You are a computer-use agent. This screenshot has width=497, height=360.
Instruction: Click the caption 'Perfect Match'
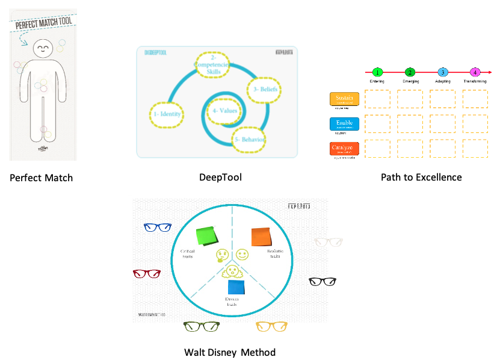(42, 178)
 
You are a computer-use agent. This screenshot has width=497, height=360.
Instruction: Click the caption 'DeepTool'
(220, 178)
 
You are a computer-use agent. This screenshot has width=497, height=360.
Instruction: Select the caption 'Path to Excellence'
(421, 178)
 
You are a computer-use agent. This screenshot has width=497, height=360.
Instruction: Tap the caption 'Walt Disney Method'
(230, 352)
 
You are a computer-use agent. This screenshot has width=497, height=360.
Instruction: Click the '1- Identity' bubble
(165, 113)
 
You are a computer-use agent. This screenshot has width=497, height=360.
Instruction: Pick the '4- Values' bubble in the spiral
(224, 110)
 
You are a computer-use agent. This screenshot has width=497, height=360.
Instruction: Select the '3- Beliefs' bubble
(265, 90)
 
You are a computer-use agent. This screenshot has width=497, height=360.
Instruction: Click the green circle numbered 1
(378, 72)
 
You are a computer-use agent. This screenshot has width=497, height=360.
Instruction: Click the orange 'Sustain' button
(344, 99)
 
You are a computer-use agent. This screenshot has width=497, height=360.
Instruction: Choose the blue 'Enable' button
(344, 124)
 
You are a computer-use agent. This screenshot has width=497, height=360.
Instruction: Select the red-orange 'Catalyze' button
(344, 148)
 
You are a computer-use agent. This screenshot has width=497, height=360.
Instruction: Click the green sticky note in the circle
(206, 236)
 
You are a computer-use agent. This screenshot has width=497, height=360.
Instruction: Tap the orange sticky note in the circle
(261, 236)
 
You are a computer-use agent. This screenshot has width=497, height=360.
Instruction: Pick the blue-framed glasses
(158, 228)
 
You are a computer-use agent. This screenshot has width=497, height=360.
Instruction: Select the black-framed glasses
(322, 281)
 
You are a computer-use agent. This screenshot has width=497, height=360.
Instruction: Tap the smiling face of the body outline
(43, 48)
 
